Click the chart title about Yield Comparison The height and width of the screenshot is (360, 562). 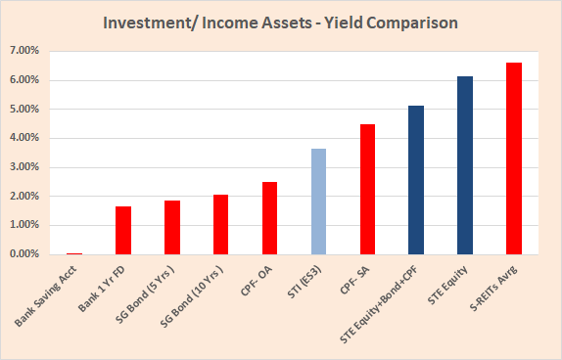[280, 22]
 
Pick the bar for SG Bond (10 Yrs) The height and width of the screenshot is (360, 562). [220, 224]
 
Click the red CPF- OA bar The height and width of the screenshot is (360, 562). [269, 217]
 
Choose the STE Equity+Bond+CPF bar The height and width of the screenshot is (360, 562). [416, 180]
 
